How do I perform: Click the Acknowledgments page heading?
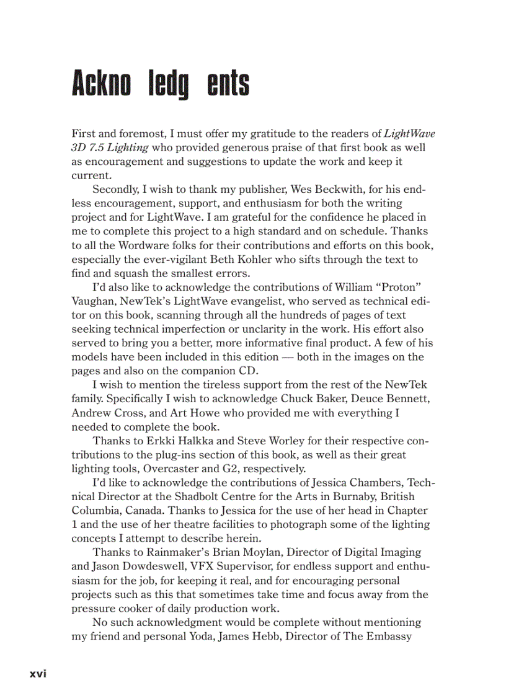161,84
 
